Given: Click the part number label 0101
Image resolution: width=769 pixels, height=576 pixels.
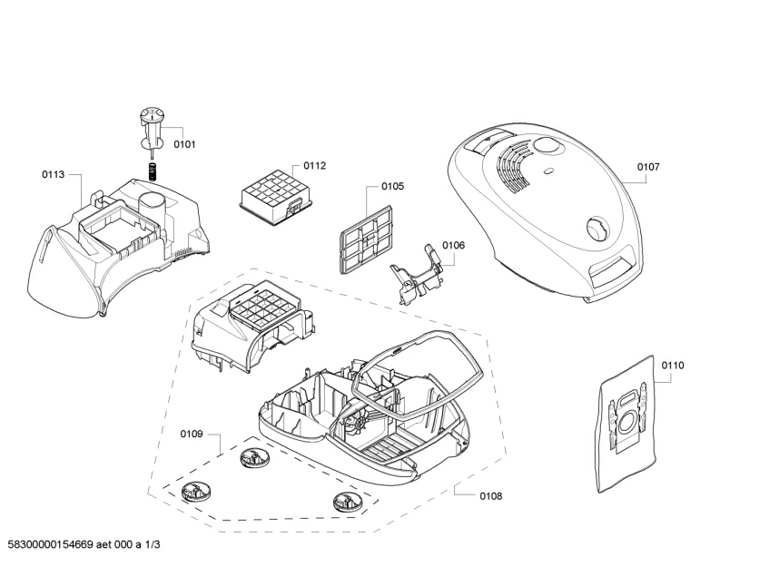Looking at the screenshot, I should pos(184,144).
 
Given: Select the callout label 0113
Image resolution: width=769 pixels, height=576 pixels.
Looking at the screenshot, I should pos(53,174).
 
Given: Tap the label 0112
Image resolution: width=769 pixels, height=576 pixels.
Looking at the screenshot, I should pos(315,165).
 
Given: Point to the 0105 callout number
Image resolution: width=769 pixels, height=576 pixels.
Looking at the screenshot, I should pos(392,186).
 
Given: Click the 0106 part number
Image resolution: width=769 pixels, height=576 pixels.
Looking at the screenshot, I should pos(453,246).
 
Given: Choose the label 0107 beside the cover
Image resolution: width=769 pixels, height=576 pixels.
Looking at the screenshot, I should pos(648,167).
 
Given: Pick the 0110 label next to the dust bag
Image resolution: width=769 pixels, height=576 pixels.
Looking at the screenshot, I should pos(673,365).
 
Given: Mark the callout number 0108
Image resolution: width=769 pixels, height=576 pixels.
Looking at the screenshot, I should pos(490,496).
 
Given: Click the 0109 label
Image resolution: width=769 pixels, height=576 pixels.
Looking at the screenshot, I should pos(191,434).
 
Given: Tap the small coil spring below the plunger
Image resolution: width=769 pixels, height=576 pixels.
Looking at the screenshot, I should pos(153,170).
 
